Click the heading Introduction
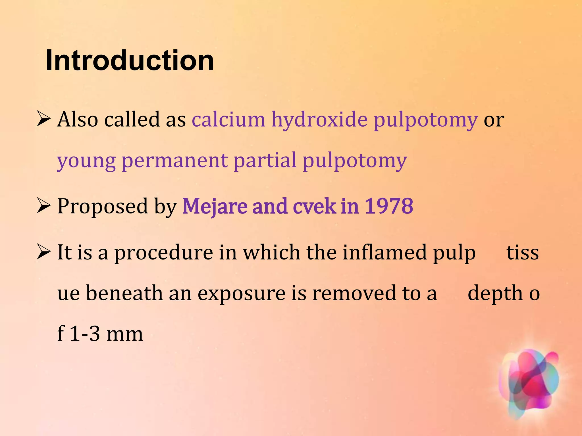point(130,60)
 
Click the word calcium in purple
point(228,119)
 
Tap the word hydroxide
point(319,119)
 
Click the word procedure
point(163,252)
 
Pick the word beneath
point(124,293)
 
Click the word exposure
point(241,294)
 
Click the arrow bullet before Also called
point(43,120)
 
